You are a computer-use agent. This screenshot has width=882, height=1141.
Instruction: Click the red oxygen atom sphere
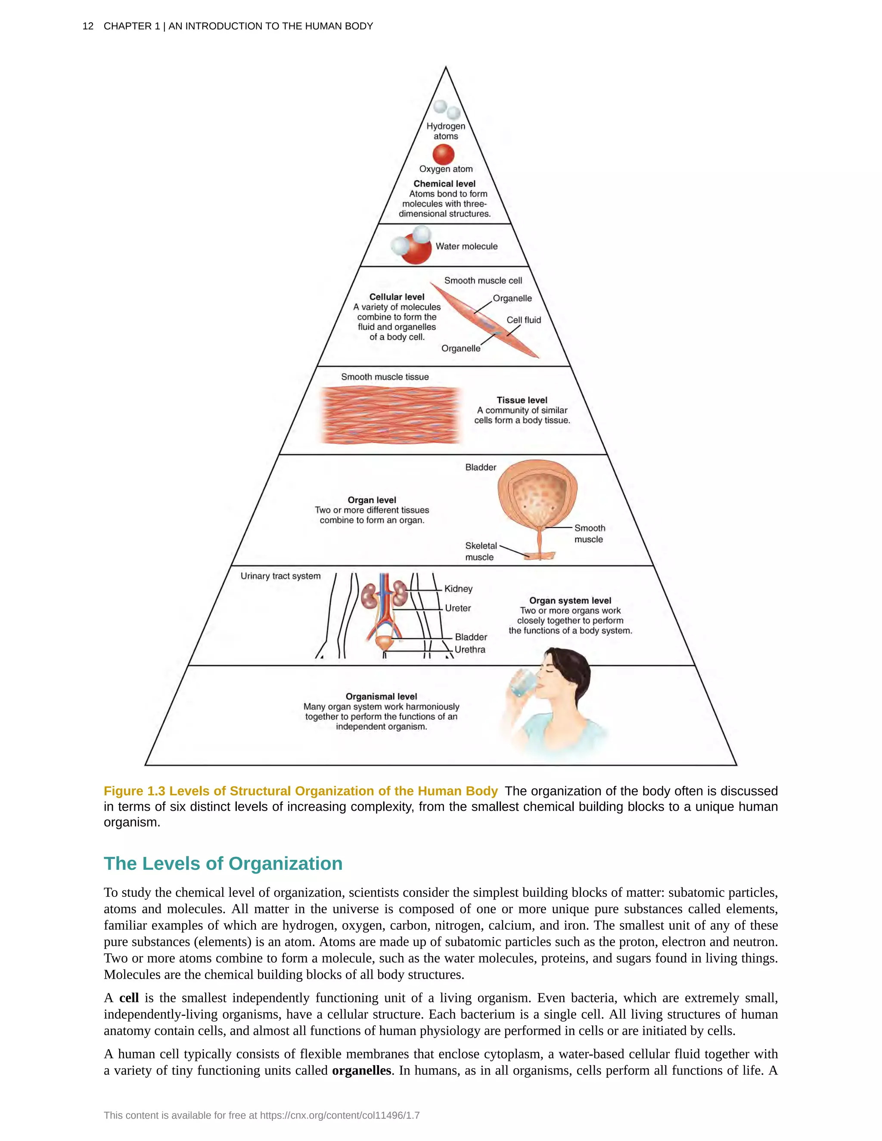click(443, 155)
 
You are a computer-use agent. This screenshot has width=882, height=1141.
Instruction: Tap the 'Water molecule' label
click(466, 247)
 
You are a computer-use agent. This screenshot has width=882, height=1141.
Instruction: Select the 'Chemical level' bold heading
click(444, 184)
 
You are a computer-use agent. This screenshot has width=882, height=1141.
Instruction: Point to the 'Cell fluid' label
click(524, 320)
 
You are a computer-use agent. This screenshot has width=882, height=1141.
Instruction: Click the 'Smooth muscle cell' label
click(483, 281)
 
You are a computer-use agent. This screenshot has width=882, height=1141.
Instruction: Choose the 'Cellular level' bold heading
click(397, 297)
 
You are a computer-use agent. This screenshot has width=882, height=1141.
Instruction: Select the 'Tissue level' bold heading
click(522, 400)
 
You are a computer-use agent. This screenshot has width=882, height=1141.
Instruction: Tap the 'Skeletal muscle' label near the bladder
click(480, 552)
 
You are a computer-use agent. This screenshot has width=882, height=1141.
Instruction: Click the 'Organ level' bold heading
click(372, 500)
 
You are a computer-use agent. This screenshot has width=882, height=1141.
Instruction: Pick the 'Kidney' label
click(458, 589)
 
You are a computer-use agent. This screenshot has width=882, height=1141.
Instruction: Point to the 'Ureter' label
click(458, 608)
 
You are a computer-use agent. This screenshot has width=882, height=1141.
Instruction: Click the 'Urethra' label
click(470, 650)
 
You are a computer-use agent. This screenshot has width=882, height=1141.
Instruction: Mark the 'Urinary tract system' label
click(281, 576)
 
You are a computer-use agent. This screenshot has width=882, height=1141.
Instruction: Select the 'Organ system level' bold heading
click(570, 601)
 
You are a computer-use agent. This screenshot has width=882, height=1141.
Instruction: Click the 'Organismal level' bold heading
click(381, 696)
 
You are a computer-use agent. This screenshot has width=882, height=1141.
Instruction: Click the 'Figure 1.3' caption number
click(134, 791)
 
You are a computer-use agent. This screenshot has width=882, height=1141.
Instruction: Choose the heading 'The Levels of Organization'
click(223, 864)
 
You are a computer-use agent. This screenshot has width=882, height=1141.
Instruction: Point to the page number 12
click(88, 26)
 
